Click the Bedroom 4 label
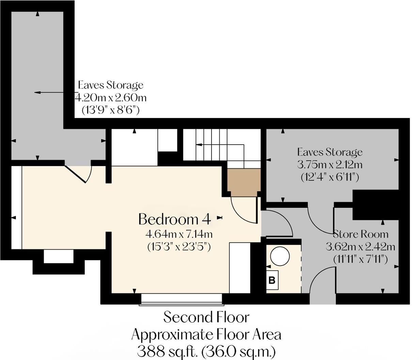coord(174,219)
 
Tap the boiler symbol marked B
coord(272,281)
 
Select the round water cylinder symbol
coord(280,256)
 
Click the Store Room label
coord(360,234)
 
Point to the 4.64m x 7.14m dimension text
coord(179,234)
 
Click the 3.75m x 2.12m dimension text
coord(329,165)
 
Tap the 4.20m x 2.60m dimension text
coord(110,98)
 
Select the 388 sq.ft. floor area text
coord(206,350)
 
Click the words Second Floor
coord(206,317)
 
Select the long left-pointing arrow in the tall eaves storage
coord(49,92)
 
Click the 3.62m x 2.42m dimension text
coord(360,246)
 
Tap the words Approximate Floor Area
coord(206,334)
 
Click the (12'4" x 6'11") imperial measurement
coord(329,177)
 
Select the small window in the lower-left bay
coord(59,256)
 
